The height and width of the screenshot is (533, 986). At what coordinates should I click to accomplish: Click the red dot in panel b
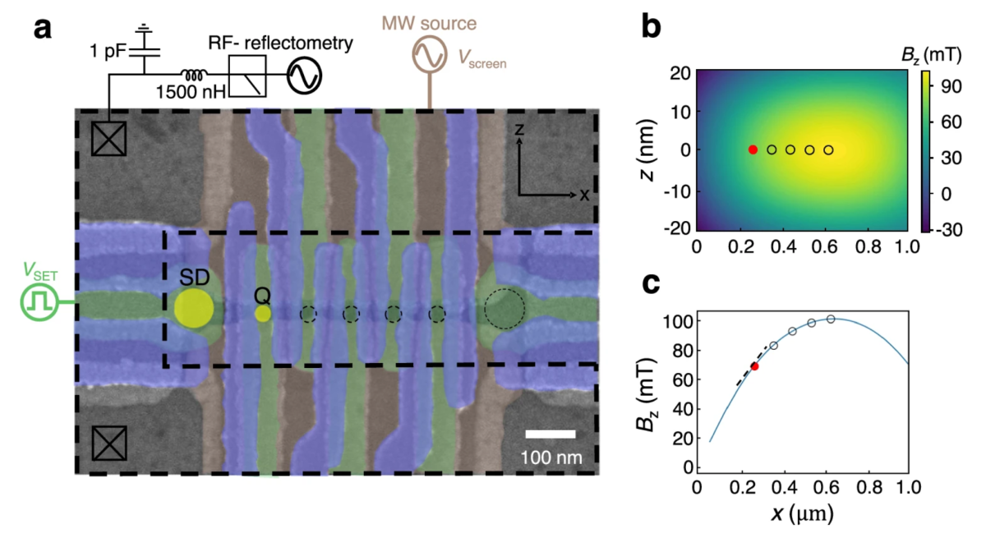click(753, 149)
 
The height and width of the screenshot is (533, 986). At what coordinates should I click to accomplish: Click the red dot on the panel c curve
click(754, 366)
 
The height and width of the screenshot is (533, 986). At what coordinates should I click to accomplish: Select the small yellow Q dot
click(263, 313)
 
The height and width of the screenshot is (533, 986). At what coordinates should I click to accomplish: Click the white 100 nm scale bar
click(550, 433)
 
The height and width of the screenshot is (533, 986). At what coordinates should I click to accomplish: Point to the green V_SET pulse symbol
click(36, 302)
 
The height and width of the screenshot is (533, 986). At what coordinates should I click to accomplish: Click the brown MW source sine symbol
click(427, 55)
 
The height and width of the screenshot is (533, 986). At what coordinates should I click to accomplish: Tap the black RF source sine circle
click(303, 76)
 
